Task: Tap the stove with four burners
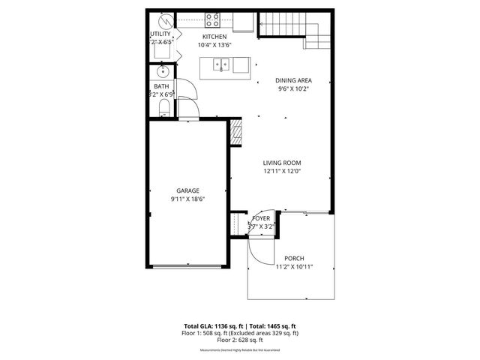(x=212, y=20)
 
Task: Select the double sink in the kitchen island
(x=221, y=66)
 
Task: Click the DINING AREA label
(x=293, y=80)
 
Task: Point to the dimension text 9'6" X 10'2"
(x=293, y=89)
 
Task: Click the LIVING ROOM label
(x=281, y=163)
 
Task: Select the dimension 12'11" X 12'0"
(x=281, y=172)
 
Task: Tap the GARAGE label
(x=187, y=190)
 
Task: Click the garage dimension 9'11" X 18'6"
(x=187, y=199)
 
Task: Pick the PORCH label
(x=293, y=258)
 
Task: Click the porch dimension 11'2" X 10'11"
(x=293, y=267)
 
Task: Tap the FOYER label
(x=261, y=217)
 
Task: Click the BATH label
(x=161, y=86)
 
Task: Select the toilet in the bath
(x=163, y=109)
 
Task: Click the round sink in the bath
(x=163, y=72)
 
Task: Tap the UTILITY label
(x=160, y=34)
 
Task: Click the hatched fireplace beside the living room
(x=235, y=133)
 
